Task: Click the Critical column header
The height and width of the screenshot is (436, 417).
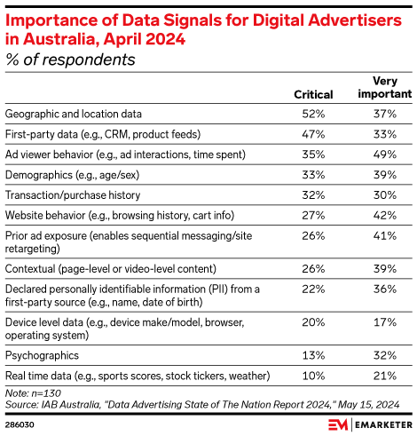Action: click(x=312, y=95)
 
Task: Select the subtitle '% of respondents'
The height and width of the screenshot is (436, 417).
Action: click(x=69, y=59)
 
